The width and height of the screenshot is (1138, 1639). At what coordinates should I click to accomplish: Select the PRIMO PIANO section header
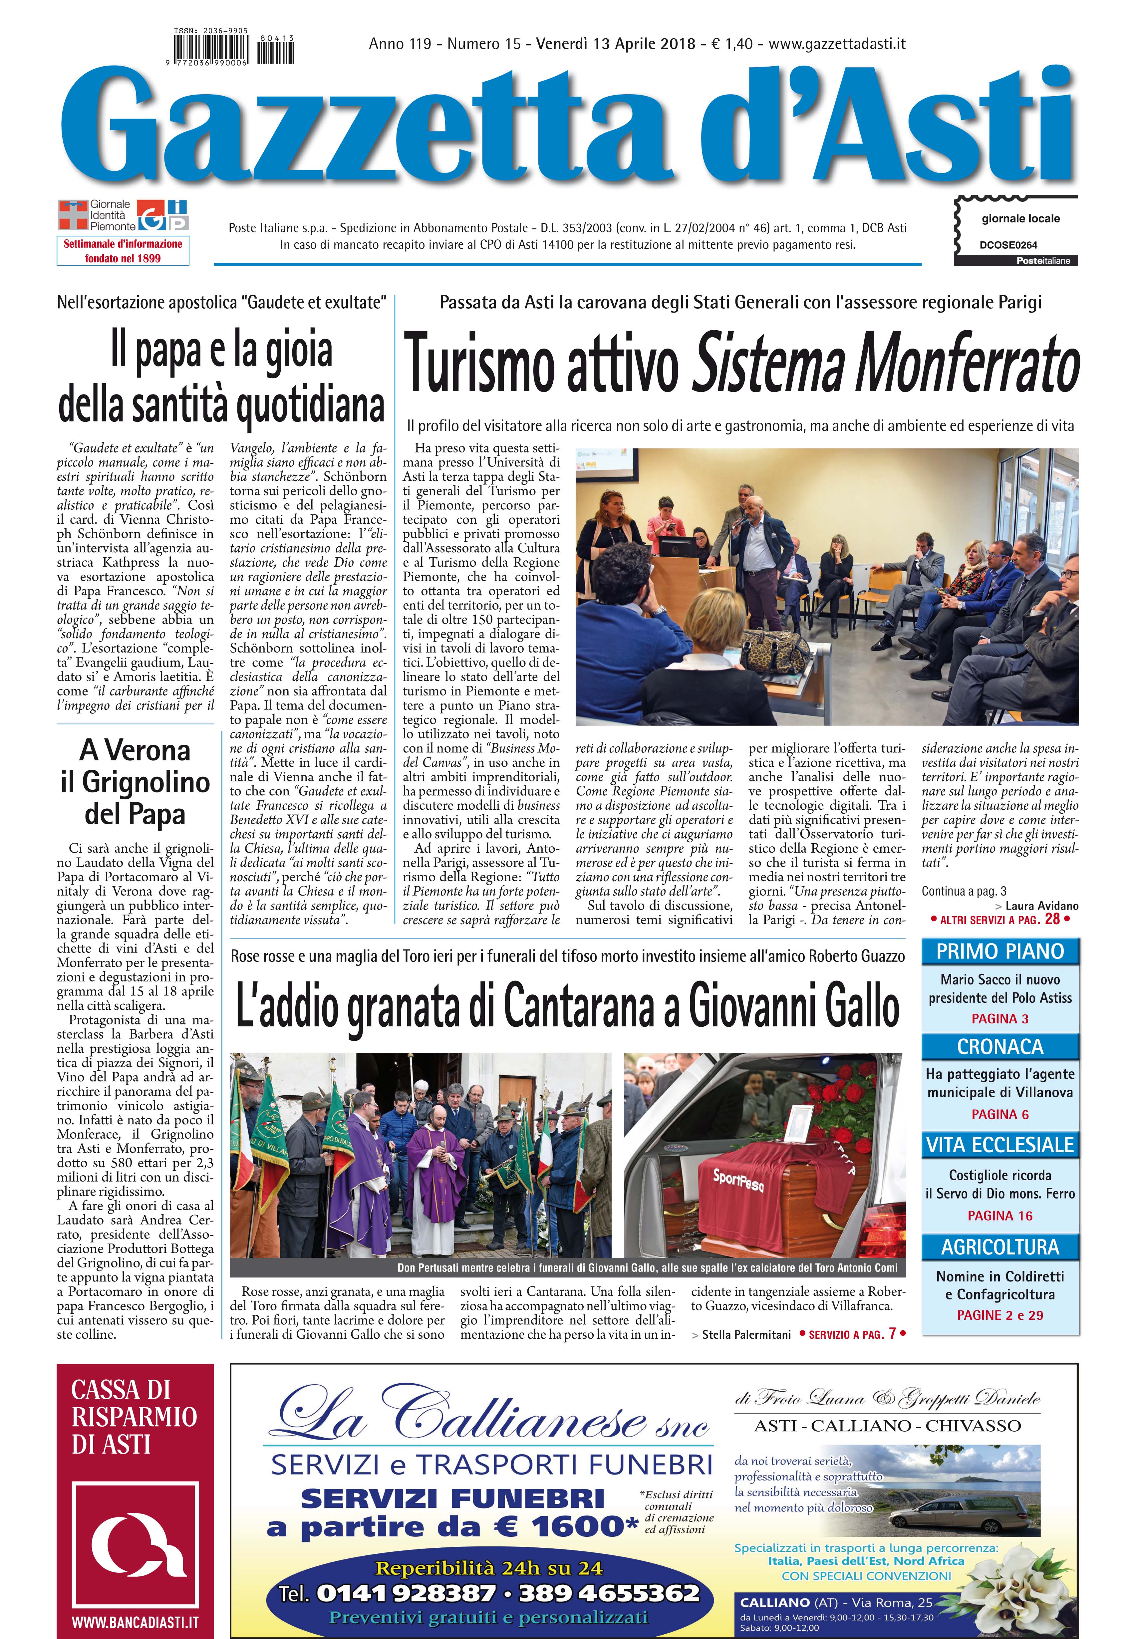click(x=1000, y=951)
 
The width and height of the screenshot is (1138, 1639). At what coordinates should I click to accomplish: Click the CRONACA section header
click(x=1000, y=1047)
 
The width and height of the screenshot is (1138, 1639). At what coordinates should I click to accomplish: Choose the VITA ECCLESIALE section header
click(x=1000, y=1145)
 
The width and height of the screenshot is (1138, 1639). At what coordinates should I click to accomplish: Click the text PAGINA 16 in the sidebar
click(x=1000, y=1216)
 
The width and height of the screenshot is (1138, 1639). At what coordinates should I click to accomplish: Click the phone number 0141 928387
click(x=405, y=1593)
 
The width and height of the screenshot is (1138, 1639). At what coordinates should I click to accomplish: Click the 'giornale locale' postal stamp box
click(x=1016, y=230)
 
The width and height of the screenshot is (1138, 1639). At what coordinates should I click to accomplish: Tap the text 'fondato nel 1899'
click(x=123, y=258)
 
